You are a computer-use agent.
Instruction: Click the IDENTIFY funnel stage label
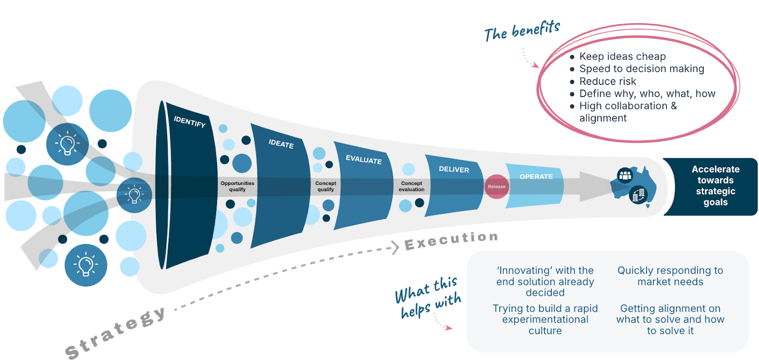pos(189,122)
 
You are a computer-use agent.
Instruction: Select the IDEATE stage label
pos(281,144)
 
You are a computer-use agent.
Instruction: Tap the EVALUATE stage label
pos(363,160)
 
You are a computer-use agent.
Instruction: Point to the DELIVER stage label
pos(454,170)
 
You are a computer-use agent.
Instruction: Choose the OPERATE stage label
pos(536,177)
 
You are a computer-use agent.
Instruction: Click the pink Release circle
pos(496,187)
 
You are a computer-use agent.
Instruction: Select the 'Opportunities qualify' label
pos(237,186)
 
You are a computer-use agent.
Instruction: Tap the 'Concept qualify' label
pos(325,186)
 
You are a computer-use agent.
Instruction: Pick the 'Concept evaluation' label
pos(412,186)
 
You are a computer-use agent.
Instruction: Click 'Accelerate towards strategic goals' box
pos(715,186)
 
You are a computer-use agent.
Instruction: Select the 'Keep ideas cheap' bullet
pos(622,57)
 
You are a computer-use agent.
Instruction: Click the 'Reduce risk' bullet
pos(608,81)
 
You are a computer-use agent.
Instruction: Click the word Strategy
pos(116,332)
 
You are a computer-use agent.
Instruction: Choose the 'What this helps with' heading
pos(428,297)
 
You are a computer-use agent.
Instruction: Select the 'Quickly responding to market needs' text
pos(670,276)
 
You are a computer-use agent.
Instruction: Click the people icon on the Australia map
pos(625,175)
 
